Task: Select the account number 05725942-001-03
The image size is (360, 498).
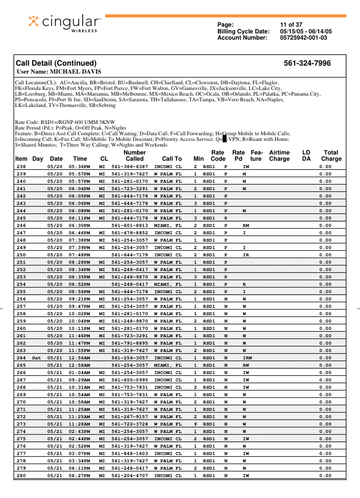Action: (303, 38)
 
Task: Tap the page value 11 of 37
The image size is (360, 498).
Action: (291, 24)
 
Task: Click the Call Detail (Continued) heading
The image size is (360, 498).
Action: (56, 63)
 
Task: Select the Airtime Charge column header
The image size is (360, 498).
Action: (279, 156)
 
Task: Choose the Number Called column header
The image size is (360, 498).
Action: (134, 156)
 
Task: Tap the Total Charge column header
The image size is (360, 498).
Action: (331, 156)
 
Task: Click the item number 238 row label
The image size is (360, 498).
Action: (22, 167)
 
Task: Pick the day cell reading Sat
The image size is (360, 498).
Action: (37, 358)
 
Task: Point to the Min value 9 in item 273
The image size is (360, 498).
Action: (195, 424)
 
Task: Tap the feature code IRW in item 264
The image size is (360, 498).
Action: (247, 358)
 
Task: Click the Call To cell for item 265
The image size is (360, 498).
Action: (168, 366)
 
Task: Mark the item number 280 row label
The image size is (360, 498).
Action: (22, 476)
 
